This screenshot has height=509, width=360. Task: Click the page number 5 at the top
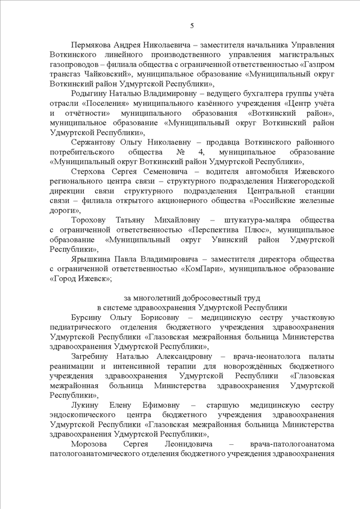(192, 26)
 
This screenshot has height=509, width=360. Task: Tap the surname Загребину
(92, 356)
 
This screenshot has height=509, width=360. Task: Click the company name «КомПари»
(199, 269)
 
